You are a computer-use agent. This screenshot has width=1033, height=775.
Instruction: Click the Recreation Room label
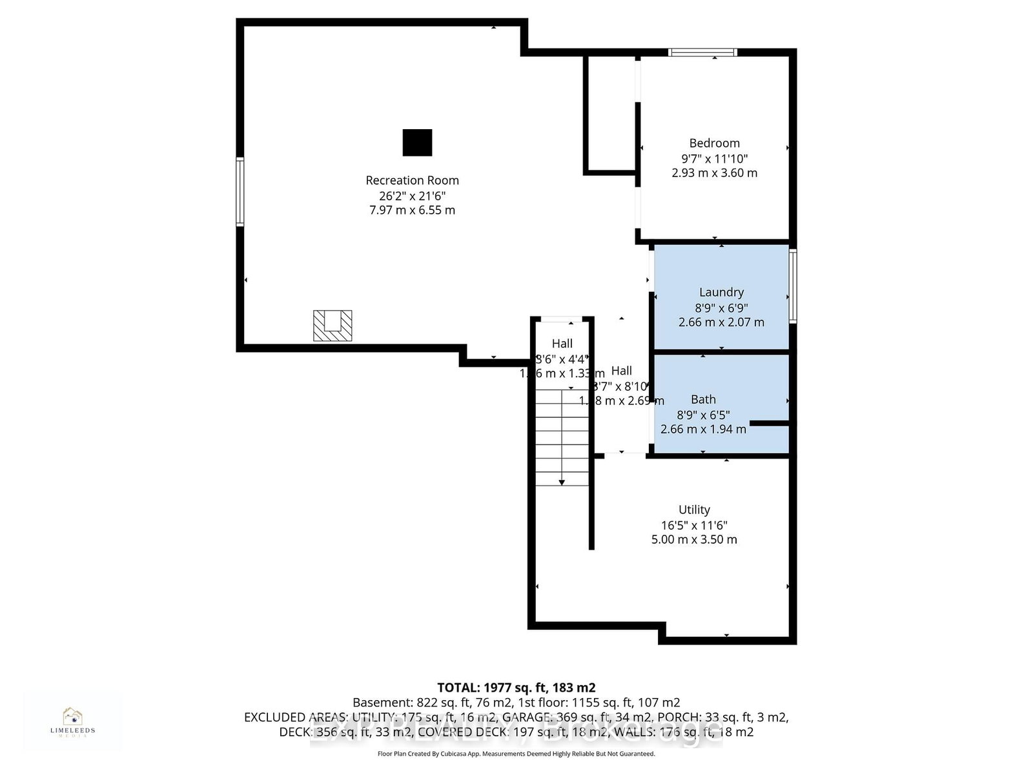(x=412, y=180)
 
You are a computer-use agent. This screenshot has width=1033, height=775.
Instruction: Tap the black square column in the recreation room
(x=417, y=143)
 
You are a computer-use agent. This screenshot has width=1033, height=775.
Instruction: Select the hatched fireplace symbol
(x=332, y=325)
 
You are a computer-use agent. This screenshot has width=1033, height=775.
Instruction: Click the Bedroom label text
(x=714, y=143)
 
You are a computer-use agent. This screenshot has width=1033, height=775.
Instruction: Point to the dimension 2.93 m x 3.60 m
(x=714, y=173)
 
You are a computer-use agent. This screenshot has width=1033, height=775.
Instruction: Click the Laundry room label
(x=721, y=293)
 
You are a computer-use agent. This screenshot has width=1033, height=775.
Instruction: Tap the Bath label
(x=703, y=400)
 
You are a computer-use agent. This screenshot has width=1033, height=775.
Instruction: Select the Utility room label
(x=694, y=510)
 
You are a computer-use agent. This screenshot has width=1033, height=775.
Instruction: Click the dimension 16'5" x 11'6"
(x=694, y=525)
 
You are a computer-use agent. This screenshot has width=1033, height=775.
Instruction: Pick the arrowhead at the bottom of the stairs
(x=562, y=482)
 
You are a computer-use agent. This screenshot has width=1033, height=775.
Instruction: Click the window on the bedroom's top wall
(x=702, y=52)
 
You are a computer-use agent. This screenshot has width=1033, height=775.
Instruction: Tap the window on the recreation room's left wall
(x=240, y=192)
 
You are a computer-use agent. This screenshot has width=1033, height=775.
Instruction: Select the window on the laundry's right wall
(x=793, y=286)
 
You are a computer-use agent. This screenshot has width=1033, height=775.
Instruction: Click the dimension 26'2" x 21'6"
(x=412, y=196)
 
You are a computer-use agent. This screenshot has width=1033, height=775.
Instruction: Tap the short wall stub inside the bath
(x=770, y=424)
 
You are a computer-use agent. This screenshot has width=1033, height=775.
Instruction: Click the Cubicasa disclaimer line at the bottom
(x=516, y=754)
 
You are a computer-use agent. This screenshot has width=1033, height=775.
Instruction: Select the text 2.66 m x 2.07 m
(x=721, y=322)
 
